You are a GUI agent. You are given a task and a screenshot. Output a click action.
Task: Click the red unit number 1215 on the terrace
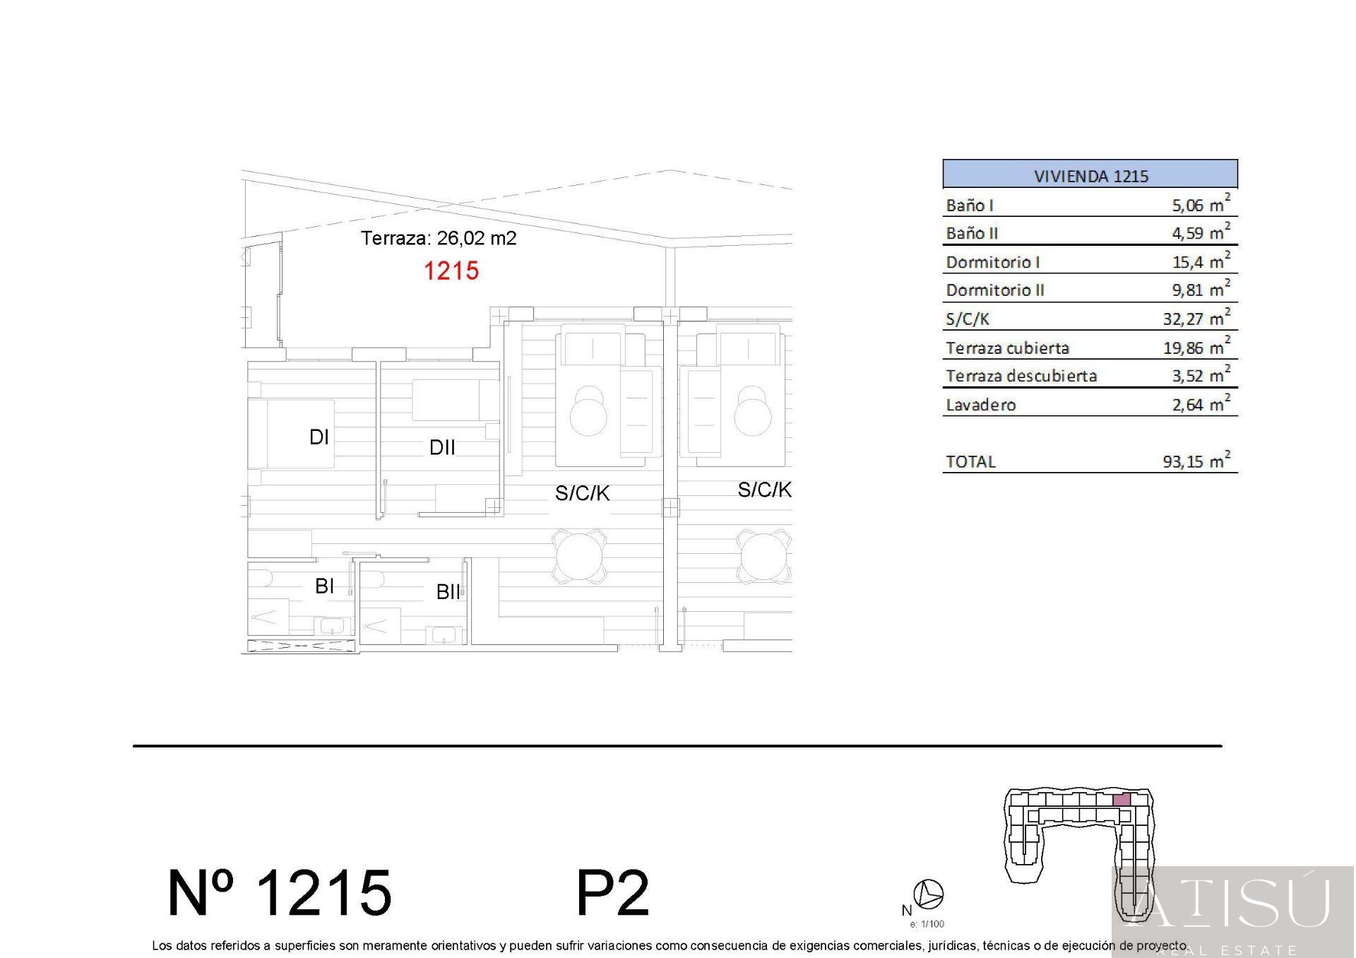[x=451, y=271]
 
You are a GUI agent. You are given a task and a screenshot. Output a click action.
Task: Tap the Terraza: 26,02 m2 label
[x=439, y=238]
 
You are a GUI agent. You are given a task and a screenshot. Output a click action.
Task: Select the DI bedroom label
[x=319, y=437]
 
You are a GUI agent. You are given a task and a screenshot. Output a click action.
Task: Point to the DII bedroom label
[x=442, y=447]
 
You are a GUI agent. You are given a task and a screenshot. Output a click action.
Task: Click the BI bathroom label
[x=324, y=586]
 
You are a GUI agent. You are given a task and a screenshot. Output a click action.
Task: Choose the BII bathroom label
[x=448, y=592]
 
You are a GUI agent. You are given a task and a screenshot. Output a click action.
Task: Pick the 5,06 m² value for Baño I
[x=1201, y=204]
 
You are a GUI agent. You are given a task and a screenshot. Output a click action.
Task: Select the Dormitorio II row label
[x=995, y=290]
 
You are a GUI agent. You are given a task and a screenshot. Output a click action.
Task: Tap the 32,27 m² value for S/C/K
[x=1196, y=318]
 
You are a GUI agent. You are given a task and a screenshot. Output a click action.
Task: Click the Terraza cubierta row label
[x=1008, y=348]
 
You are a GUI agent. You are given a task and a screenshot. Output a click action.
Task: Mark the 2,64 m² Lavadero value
[x=1201, y=404]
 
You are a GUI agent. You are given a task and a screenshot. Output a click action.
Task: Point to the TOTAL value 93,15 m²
[x=1196, y=461]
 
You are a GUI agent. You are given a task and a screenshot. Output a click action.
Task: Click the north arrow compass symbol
[x=929, y=894]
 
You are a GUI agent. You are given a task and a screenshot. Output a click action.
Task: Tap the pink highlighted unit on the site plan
[x=1122, y=800]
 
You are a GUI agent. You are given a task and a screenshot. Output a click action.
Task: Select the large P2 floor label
[x=612, y=893]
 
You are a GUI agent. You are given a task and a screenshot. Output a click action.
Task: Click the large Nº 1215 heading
[x=280, y=893]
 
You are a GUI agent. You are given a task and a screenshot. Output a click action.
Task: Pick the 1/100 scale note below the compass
[x=927, y=924]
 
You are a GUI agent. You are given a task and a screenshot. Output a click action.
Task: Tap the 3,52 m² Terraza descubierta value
[x=1201, y=375]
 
